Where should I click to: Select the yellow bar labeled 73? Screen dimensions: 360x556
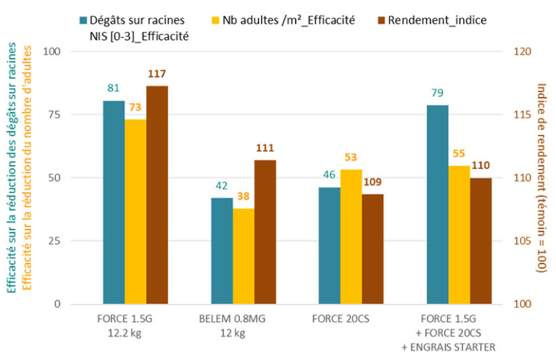click(136, 212)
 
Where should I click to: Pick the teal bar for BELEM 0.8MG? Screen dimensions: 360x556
click(222, 251)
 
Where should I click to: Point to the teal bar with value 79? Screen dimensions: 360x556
click(437, 204)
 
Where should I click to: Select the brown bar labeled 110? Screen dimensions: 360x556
click(481, 241)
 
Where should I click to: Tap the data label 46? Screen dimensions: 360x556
click(330, 175)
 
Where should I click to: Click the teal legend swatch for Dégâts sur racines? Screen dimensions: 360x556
click(83, 20)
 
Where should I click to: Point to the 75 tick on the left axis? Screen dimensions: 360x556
click(53, 115)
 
